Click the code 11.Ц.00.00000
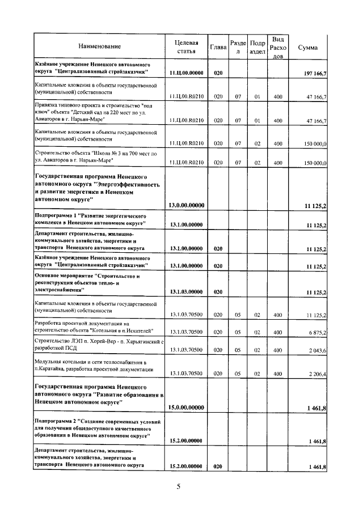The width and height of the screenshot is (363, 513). tap(186, 73)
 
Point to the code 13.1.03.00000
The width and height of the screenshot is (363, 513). tap(186, 292)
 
